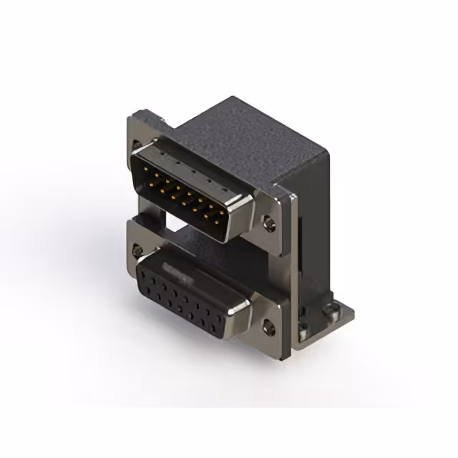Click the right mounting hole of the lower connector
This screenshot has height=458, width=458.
coord(269,328)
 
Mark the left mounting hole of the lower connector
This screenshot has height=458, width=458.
coord(136,250)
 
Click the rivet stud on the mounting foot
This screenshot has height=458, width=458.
coord(331,309)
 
